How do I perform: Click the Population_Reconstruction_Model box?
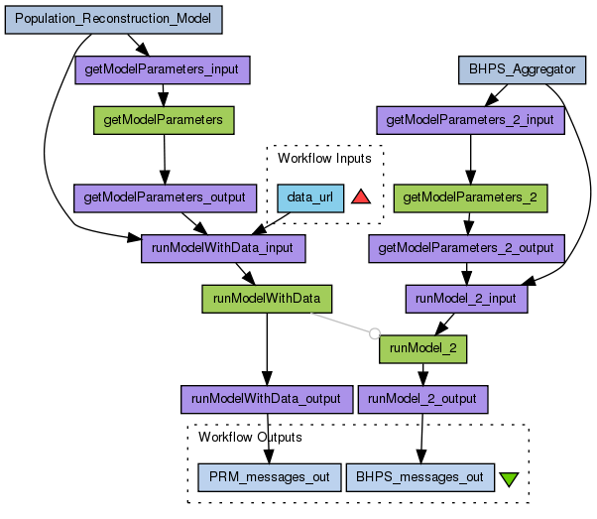[113, 19]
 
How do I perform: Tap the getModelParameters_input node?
[163, 69]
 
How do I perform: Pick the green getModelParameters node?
[164, 120]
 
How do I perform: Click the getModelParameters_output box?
[165, 197]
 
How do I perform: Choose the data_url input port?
[309, 197]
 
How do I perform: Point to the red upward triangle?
[360, 196]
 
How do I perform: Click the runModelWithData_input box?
[223, 248]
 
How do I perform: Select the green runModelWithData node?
[266, 298]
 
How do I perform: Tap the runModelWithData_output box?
[266, 399]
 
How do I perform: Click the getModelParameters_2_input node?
[471, 120]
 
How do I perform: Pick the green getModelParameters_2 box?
[471, 197]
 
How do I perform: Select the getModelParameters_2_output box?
[466, 247]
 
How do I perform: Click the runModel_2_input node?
[467, 298]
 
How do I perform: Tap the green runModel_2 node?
[422, 348]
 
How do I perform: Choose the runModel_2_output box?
[422, 399]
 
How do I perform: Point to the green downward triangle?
[510, 478]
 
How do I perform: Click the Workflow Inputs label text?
[324, 158]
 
